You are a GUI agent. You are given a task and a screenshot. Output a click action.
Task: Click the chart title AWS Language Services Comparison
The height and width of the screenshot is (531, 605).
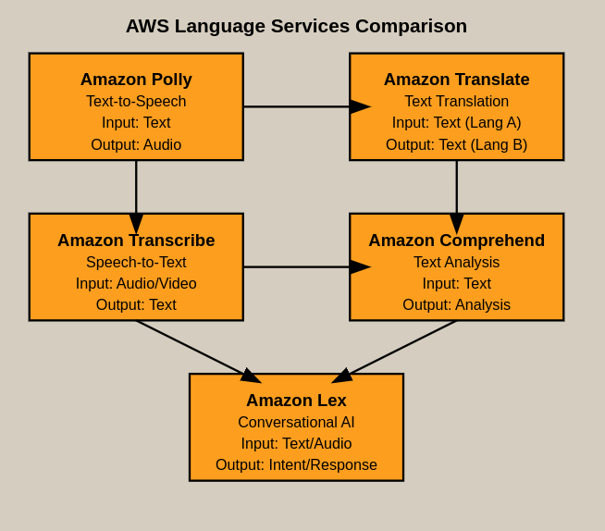click(x=296, y=26)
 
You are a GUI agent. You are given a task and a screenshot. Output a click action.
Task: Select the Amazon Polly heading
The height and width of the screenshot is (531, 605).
click(x=136, y=80)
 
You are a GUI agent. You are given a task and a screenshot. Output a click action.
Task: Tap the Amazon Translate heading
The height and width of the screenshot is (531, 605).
click(x=456, y=80)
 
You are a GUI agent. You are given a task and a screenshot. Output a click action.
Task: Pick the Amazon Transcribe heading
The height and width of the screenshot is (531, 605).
click(x=136, y=241)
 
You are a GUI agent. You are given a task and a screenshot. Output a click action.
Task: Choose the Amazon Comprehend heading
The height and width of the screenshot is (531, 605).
click(x=456, y=241)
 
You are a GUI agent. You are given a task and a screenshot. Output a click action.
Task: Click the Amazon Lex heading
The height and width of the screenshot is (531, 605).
click(x=296, y=401)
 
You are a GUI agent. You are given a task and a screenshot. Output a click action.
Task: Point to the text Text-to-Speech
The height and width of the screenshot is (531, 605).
click(x=136, y=102)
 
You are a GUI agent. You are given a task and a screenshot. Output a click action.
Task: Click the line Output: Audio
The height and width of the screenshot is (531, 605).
click(x=136, y=145)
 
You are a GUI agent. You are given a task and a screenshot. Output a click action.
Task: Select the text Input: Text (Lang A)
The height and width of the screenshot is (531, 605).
click(x=456, y=123)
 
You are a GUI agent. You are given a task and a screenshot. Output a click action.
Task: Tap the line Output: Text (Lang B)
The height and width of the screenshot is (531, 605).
click(x=456, y=145)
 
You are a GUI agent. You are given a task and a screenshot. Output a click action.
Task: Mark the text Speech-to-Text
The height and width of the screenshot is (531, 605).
click(x=136, y=263)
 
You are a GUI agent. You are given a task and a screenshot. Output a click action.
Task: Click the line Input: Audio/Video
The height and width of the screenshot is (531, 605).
click(x=136, y=284)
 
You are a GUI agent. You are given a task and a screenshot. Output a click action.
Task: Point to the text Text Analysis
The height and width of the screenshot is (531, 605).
click(x=456, y=263)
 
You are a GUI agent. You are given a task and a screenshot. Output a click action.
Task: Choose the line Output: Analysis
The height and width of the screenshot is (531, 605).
click(x=456, y=305)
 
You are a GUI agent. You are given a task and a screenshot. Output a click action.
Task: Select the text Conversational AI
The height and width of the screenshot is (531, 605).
click(x=296, y=423)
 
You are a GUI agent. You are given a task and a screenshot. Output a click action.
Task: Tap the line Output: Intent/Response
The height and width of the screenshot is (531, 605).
click(x=296, y=465)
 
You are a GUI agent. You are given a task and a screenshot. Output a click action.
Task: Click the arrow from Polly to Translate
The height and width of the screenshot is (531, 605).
click(x=296, y=106)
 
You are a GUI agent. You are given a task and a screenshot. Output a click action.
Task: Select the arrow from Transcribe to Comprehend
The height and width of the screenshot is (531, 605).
click(x=296, y=267)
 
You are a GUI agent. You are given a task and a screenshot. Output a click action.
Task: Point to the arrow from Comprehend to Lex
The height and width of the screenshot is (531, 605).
click(x=398, y=350)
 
